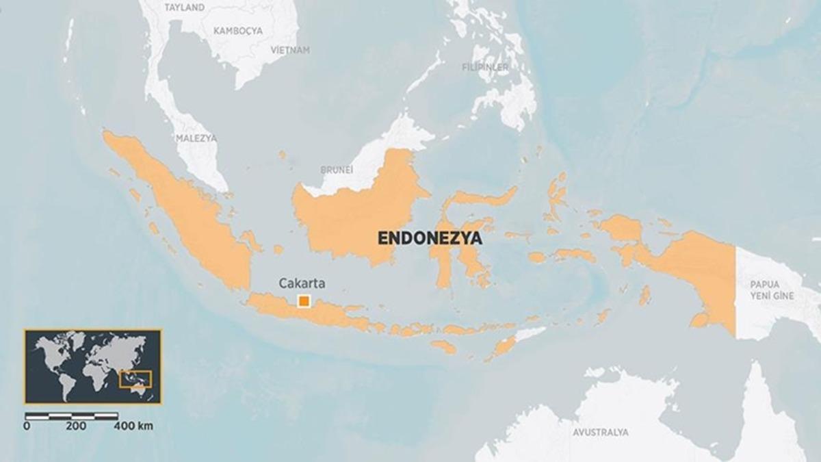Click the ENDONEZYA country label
[x=430, y=238]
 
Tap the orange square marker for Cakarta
[x=304, y=301]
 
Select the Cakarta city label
[x=301, y=283]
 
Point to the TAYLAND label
[x=185, y=8]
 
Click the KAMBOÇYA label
[x=237, y=31]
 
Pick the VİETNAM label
[x=290, y=50]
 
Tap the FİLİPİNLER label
[x=485, y=67]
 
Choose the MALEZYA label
[x=196, y=138]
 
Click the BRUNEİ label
[x=337, y=169]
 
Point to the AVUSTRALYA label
[x=600, y=433]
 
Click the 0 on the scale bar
[x=27, y=426]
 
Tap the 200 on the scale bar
[x=75, y=426]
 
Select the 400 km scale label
[x=133, y=426]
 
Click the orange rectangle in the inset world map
[x=135, y=378]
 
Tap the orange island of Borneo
[x=356, y=212]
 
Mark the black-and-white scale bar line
[x=71, y=415]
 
